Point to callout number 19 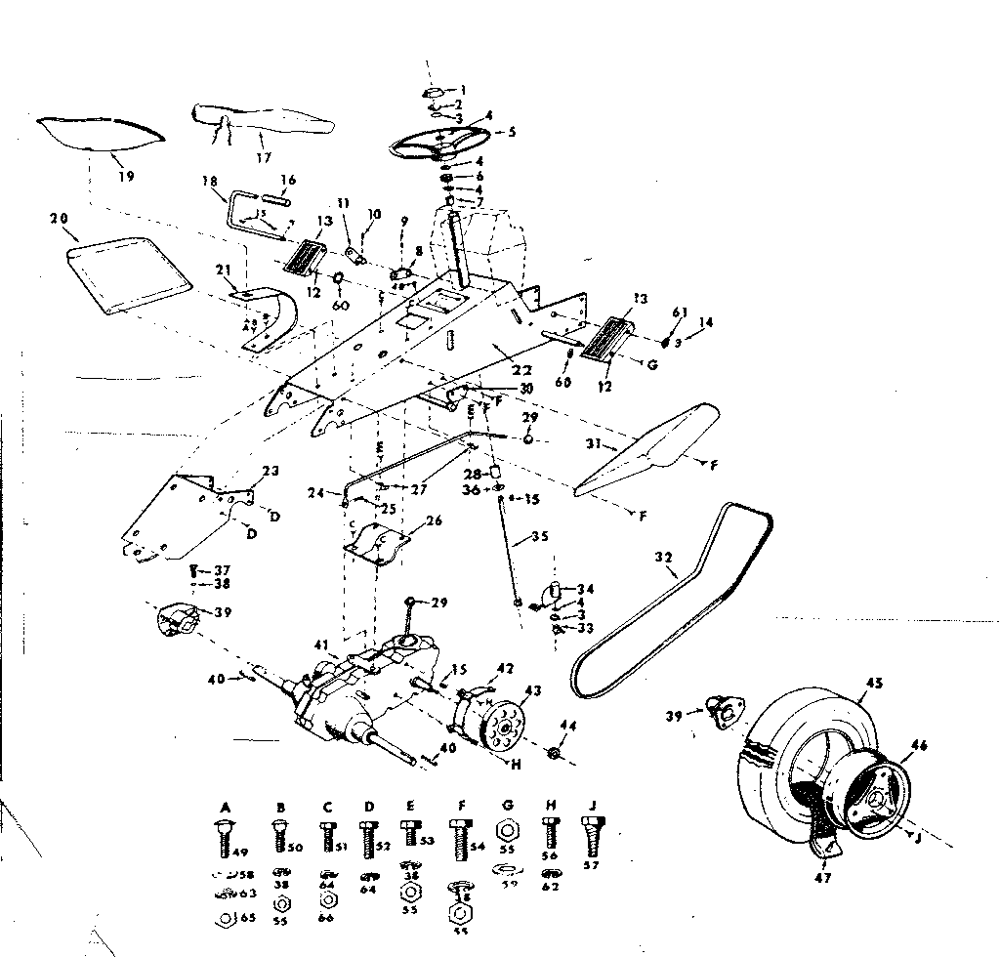click(x=126, y=177)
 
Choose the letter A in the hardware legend click(x=226, y=808)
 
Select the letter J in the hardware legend click(x=592, y=807)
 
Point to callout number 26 click(x=434, y=520)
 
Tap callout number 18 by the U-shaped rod click(x=207, y=182)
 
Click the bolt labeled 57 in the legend click(x=591, y=837)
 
